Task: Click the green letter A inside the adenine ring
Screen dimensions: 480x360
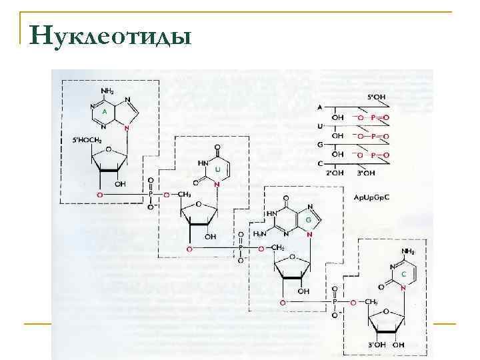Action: (104, 111)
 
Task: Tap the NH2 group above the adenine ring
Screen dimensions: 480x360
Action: (106, 91)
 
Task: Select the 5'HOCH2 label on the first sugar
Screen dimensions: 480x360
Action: (87, 140)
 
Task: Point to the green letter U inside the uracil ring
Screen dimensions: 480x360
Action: (218, 170)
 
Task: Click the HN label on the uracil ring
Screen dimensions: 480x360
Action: (202, 162)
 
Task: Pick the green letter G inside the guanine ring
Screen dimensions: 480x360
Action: (308, 219)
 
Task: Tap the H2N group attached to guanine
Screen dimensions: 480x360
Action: (262, 235)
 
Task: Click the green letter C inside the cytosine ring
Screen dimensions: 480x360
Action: (403, 274)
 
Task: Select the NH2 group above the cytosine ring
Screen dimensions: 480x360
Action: (407, 251)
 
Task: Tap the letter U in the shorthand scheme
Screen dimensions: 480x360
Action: (320, 126)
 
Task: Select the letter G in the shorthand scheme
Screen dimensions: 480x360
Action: (320, 145)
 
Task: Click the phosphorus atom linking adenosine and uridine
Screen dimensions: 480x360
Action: (151, 195)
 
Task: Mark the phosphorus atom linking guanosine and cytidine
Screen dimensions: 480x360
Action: (335, 302)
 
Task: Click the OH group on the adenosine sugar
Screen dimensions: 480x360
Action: (120, 183)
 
